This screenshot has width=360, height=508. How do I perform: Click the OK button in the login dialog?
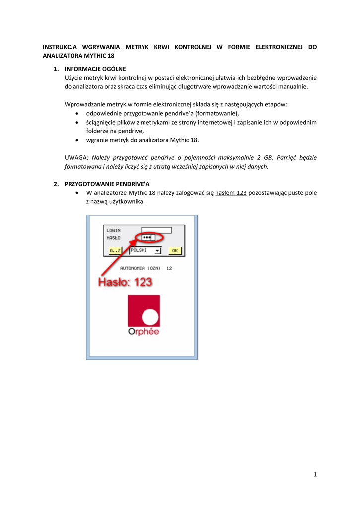pyautogui.click(x=174, y=251)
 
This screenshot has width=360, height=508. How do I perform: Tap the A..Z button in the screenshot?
pyautogui.click(x=115, y=251)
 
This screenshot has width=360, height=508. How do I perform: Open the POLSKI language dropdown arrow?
pyautogui.click(x=158, y=251)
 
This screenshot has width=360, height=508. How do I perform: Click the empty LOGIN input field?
pyautogui.click(x=156, y=230)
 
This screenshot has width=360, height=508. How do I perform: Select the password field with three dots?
pyautogui.click(x=148, y=238)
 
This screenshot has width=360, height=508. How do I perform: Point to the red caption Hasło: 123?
pyautogui.click(x=125, y=282)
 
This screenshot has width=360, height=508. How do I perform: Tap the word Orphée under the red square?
pyautogui.click(x=144, y=332)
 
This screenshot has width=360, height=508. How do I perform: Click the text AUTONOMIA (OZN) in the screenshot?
pyautogui.click(x=141, y=268)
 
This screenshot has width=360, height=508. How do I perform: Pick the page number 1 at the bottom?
pyautogui.click(x=315, y=475)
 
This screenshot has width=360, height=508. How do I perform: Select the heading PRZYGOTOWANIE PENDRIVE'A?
pyautogui.click(x=107, y=184)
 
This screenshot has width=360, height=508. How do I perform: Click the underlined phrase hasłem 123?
pyautogui.click(x=231, y=193)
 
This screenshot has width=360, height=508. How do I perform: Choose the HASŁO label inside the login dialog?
pyautogui.click(x=113, y=238)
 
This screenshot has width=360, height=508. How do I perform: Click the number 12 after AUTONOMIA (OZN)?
pyautogui.click(x=169, y=268)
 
